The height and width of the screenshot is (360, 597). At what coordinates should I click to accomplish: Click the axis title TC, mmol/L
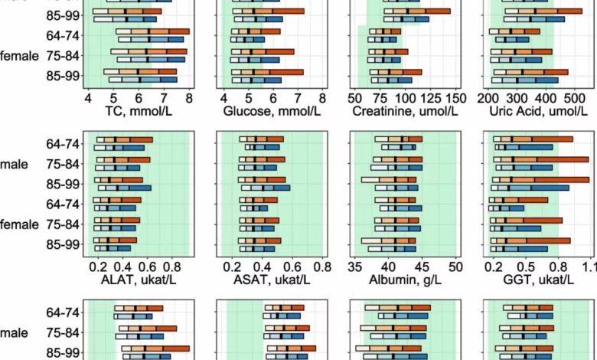[138, 112]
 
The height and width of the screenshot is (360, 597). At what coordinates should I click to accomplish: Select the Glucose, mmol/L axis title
[272, 112]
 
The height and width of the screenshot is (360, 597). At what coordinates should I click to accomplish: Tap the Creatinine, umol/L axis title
[405, 112]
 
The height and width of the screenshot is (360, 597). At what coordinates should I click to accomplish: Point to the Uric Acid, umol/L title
[538, 112]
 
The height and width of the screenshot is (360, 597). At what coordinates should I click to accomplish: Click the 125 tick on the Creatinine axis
[430, 98]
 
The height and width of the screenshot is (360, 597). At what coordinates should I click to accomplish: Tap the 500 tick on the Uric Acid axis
[572, 98]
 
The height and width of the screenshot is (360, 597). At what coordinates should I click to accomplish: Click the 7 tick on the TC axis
[163, 98]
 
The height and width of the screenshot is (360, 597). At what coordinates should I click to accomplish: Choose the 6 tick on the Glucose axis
[273, 98]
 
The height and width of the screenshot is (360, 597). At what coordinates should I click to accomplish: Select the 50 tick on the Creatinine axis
[354, 98]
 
